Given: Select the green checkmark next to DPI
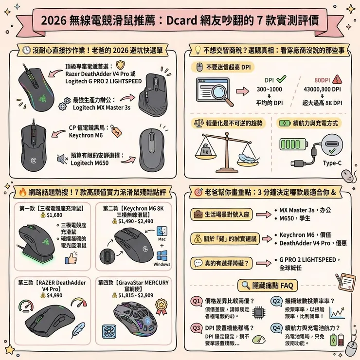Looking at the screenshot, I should pyautogui.click(x=281, y=79).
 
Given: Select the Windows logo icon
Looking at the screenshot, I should pyautogui.click(x=162, y=254).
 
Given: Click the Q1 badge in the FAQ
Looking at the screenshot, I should pyautogui.click(x=197, y=302).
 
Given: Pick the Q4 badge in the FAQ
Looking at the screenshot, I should pyautogui.click(x=275, y=328).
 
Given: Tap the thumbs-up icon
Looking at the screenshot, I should pyautogui.click(x=71, y=258).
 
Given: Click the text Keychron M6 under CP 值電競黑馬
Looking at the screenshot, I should pyautogui.click(x=86, y=135).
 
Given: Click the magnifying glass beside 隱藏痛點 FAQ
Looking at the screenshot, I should pyautogui.click(x=245, y=286).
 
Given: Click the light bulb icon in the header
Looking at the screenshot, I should pyautogui.click(x=198, y=50).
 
